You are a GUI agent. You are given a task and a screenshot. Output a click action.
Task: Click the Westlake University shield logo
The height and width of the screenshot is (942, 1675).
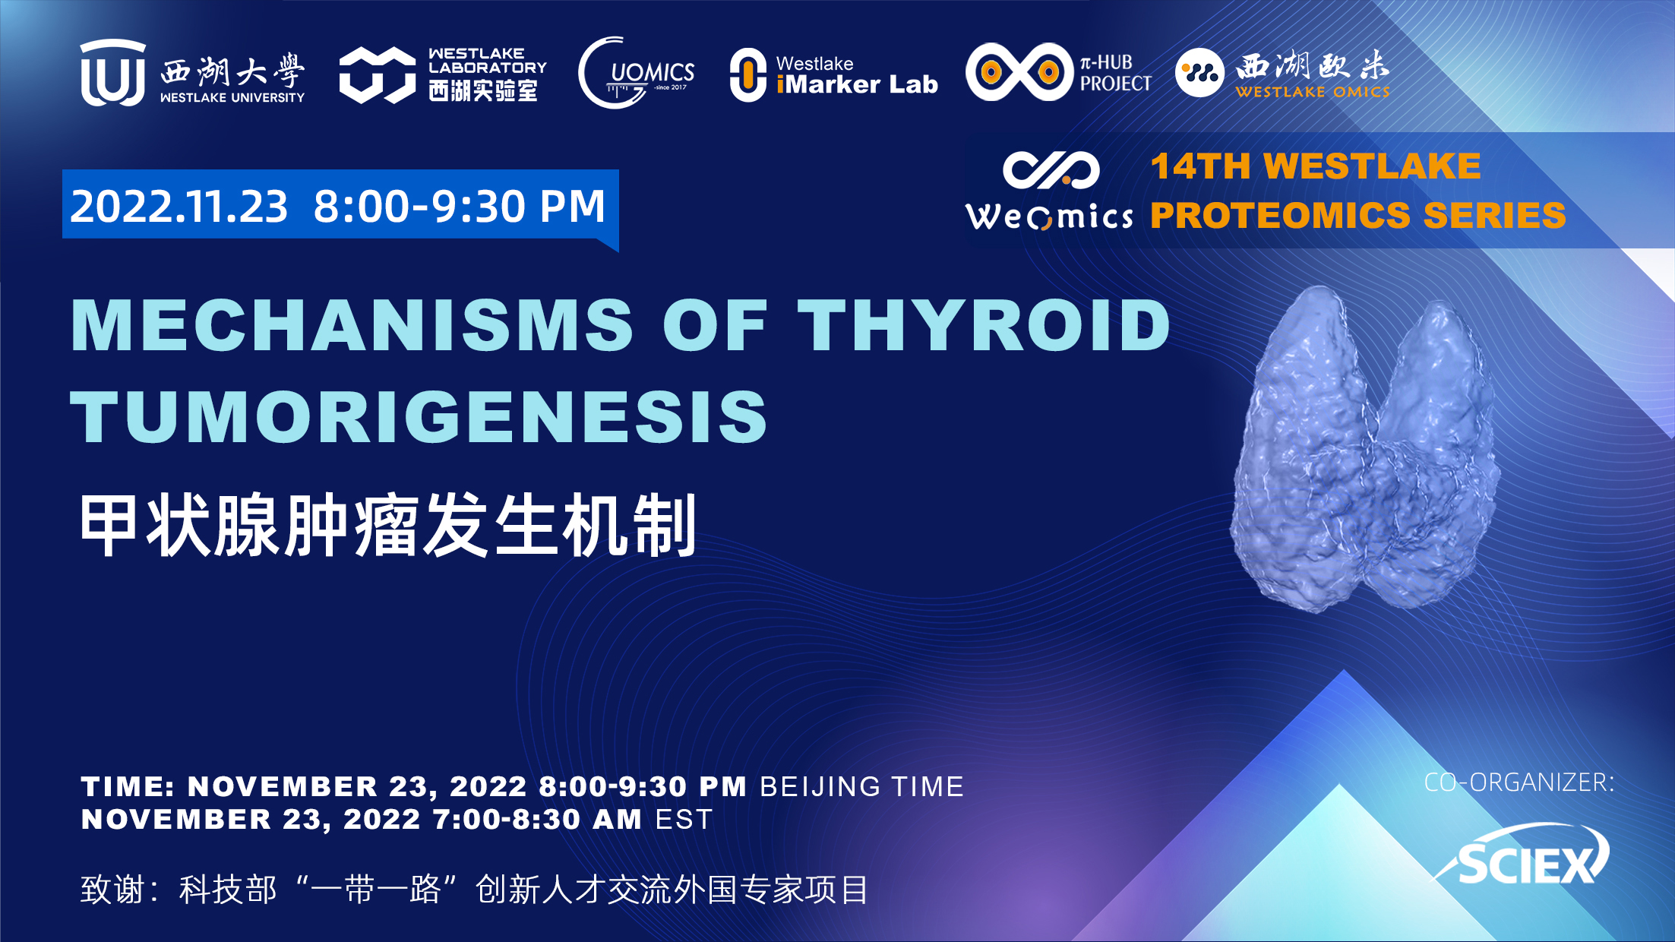tap(113, 73)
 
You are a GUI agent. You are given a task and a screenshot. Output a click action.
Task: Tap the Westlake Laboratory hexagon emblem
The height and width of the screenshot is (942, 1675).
tap(377, 74)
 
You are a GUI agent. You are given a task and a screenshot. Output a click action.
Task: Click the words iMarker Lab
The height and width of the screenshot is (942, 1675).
tap(857, 84)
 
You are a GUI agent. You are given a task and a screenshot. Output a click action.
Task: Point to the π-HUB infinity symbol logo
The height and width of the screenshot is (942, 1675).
tap(1019, 72)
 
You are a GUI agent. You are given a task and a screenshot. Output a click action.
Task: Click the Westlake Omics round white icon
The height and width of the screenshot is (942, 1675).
tap(1199, 73)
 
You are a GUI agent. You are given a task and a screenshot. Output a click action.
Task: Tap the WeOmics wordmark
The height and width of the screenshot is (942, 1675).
tap(1049, 217)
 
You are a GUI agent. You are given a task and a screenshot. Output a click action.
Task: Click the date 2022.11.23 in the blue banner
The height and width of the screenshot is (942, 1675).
tap(179, 206)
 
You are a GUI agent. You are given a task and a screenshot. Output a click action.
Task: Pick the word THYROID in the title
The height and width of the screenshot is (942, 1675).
tap(984, 325)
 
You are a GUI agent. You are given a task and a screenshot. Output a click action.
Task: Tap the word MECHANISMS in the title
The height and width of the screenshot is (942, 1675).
tap(352, 325)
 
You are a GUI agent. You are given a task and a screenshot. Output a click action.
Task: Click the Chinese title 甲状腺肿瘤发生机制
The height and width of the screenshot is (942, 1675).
tap(388, 525)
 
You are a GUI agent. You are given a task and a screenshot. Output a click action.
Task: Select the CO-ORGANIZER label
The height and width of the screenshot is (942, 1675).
tap(1519, 782)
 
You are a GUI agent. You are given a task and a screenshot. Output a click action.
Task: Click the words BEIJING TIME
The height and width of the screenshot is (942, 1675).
tap(862, 787)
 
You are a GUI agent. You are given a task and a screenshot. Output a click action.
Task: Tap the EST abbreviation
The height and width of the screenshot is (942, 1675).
tap(684, 820)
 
